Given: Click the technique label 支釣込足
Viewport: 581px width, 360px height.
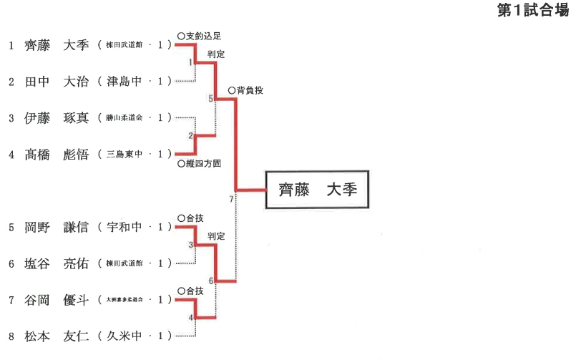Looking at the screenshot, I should [202, 35].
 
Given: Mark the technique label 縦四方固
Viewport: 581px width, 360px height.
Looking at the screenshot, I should [202, 163].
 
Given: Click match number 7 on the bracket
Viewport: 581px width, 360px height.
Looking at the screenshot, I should [231, 198].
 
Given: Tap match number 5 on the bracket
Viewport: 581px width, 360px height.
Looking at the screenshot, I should [210, 99].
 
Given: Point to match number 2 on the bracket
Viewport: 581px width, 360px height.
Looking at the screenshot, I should [190, 135].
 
